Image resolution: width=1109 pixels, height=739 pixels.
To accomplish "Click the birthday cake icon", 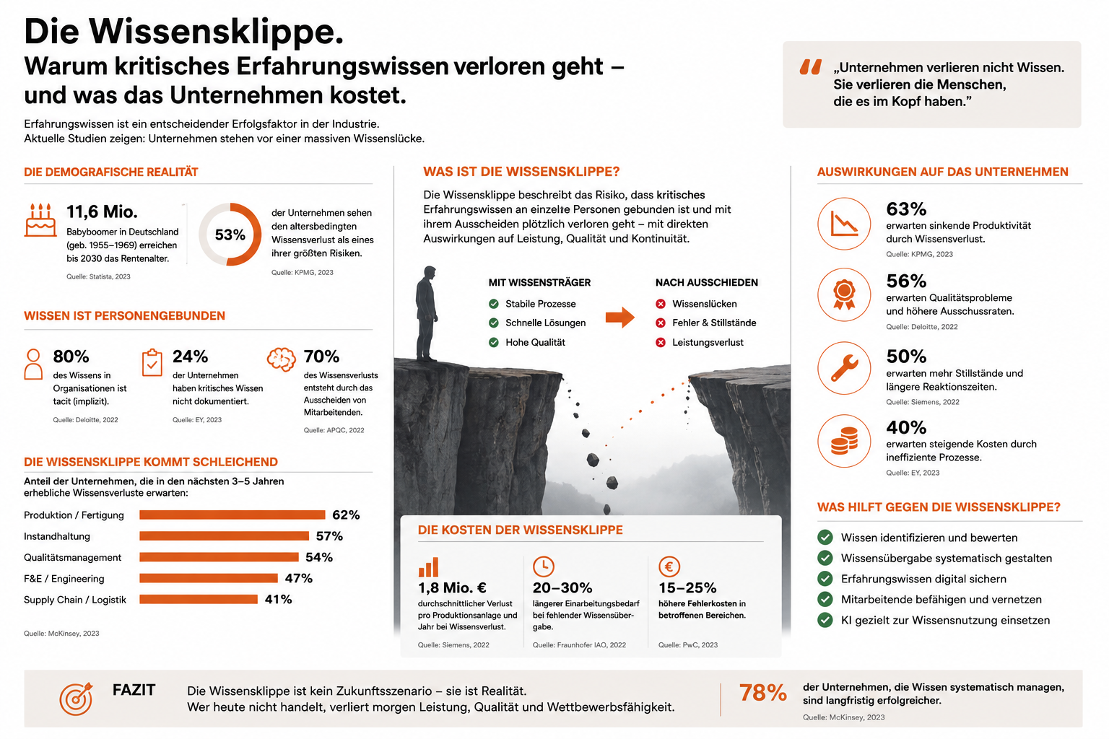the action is click(x=40, y=220).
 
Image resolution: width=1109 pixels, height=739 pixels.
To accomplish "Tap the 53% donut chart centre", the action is click(x=230, y=234).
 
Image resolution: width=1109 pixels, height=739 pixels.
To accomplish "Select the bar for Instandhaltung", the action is click(x=224, y=536).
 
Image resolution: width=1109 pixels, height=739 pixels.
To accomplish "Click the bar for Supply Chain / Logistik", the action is click(x=198, y=600).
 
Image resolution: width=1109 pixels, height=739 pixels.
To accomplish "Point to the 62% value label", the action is click(x=346, y=515).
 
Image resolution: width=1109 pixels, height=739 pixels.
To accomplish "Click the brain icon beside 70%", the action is click(x=281, y=360).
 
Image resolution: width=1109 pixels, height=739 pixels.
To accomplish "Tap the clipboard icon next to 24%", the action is click(x=152, y=363).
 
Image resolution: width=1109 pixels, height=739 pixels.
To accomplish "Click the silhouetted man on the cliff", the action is click(x=426, y=314).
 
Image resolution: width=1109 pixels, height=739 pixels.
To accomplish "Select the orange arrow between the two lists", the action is click(x=620, y=318).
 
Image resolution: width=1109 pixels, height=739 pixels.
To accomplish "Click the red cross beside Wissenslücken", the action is click(x=661, y=304).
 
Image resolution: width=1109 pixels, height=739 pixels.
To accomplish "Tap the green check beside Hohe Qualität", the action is click(x=494, y=342).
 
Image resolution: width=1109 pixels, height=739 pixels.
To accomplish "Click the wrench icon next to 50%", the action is click(x=844, y=368).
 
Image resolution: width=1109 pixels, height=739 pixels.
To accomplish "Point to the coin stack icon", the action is click(x=844, y=441).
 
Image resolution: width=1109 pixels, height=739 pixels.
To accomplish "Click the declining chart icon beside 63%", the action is click(x=844, y=224).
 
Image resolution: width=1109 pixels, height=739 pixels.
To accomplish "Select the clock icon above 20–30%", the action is click(x=543, y=567).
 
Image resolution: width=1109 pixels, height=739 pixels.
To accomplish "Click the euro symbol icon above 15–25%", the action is click(x=669, y=567).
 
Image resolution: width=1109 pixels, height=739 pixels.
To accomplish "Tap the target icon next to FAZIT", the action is click(x=77, y=699).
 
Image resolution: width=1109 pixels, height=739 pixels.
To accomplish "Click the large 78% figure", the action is click(x=762, y=693).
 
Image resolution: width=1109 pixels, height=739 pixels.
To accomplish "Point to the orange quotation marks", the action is click(x=811, y=67).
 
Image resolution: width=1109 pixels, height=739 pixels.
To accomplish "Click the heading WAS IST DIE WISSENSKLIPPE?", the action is click(x=521, y=172).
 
